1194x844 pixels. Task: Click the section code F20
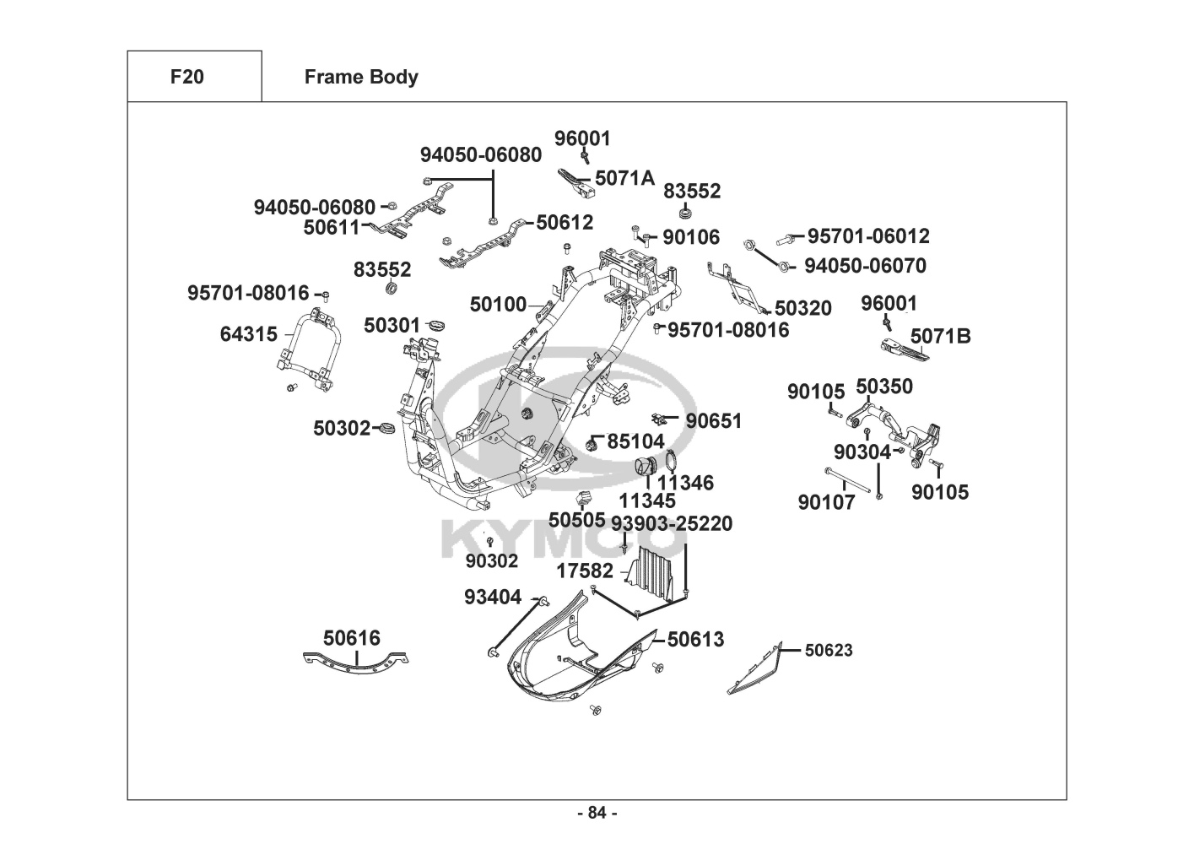(186, 77)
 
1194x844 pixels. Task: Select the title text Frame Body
(361, 78)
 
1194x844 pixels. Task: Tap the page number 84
(597, 813)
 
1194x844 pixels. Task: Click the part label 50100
(498, 305)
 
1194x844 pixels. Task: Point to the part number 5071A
(624, 178)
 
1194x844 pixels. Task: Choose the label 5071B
(940, 337)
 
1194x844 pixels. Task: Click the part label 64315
(248, 334)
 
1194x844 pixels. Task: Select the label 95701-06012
(868, 236)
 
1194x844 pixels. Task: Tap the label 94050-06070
(865, 266)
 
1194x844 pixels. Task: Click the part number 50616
(352, 638)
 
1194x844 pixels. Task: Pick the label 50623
(829, 650)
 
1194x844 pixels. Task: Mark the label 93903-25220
(672, 523)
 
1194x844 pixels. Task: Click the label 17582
(585, 571)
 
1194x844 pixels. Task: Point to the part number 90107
(826, 502)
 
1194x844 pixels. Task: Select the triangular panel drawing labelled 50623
(757, 671)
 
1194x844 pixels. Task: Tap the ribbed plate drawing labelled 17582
(653, 572)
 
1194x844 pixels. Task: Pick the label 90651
(714, 421)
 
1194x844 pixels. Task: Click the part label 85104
(636, 441)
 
